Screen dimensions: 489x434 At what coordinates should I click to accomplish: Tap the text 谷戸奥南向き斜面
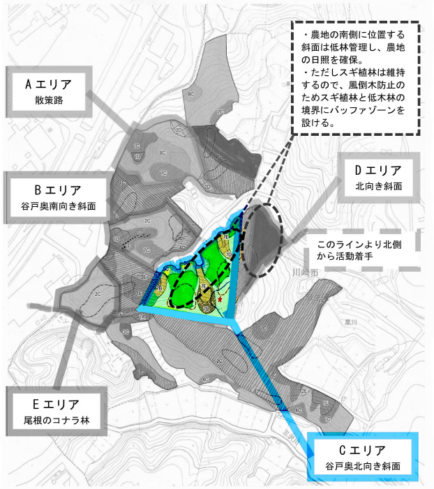click(59, 207)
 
